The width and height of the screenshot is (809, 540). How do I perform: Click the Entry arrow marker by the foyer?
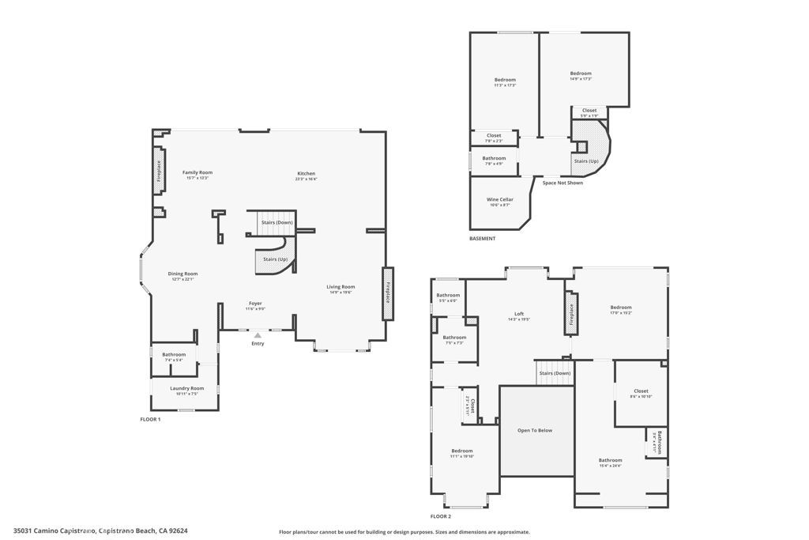point(258,335)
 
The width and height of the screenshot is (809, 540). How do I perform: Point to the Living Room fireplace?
point(388,293)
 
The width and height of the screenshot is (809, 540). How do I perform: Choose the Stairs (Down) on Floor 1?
point(277,223)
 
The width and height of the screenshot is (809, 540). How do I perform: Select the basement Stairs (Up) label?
point(585,160)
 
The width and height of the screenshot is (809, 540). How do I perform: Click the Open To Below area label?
point(535,430)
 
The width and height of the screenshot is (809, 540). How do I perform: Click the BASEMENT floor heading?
point(482,239)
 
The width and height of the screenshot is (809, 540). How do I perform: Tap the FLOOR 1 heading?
point(150,419)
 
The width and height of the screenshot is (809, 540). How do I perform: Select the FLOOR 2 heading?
point(441,516)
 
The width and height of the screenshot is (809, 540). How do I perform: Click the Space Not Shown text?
point(563,183)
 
